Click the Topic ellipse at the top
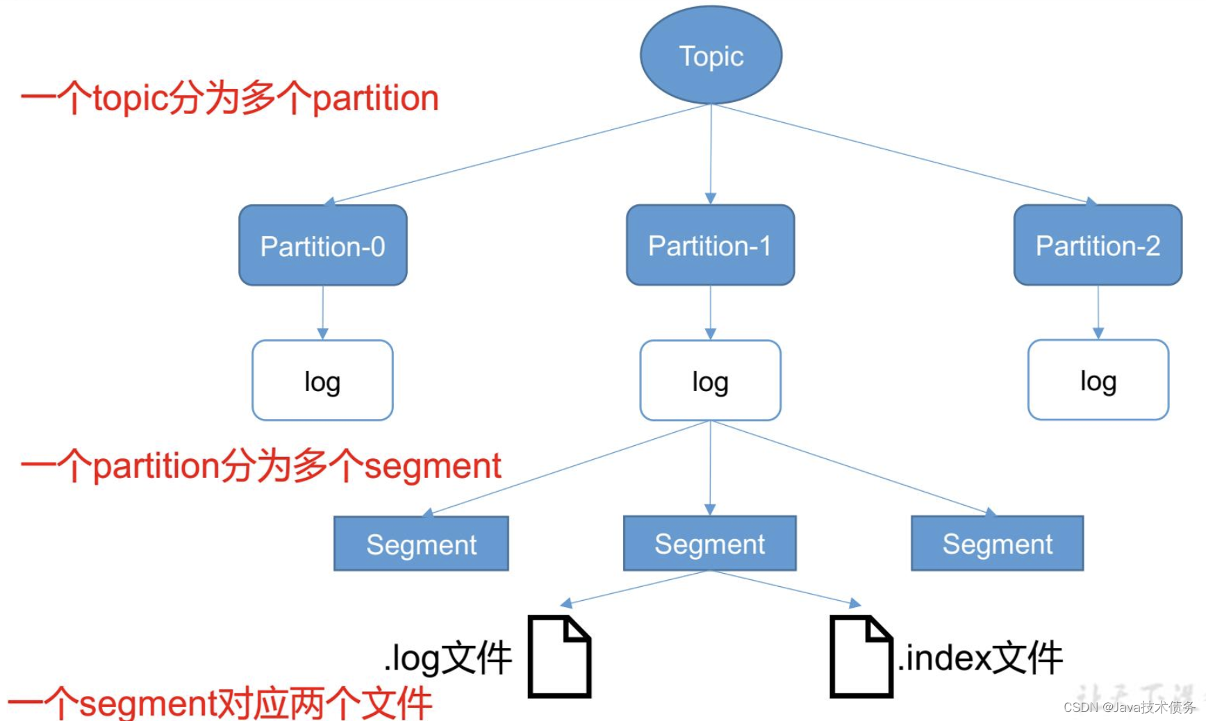coord(711,55)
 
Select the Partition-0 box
coord(323,245)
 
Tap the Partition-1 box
coord(710,245)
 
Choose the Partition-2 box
coord(1098,245)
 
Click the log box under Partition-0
coord(322,380)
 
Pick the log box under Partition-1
coord(710,380)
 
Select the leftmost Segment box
coord(421,544)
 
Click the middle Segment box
coord(709,543)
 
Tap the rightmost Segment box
coord(997,543)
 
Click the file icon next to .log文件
coord(559,656)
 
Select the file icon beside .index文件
coord(861,656)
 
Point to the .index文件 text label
coord(980,657)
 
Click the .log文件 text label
coord(448,657)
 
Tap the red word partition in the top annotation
coord(376,98)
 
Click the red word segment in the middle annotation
coord(433,466)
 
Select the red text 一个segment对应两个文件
coord(220,703)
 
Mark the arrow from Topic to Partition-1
coord(711,153)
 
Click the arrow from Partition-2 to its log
coord(1098,312)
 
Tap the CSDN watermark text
coord(1129,707)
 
